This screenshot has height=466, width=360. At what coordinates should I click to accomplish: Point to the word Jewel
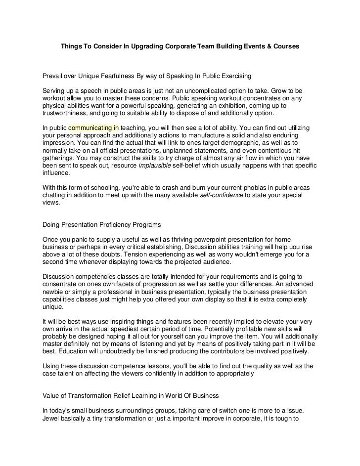[x=51, y=419]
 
